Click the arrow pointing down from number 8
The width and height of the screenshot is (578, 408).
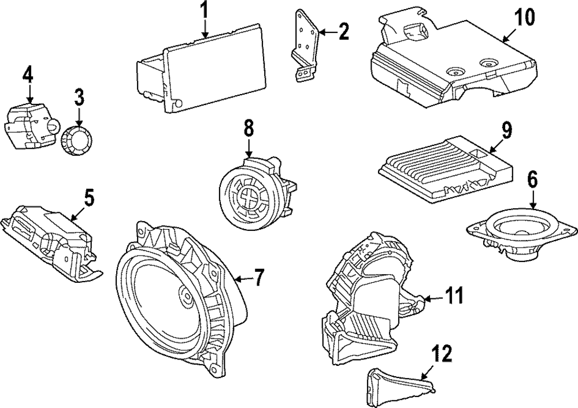(x=249, y=148)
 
